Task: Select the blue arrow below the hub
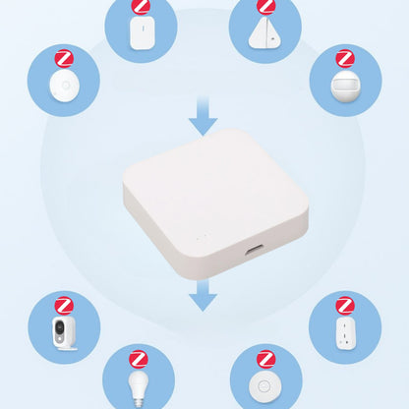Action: coord(203,294)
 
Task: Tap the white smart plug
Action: coord(345,336)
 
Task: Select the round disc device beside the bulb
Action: coord(265,386)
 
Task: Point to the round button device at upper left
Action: coord(63,88)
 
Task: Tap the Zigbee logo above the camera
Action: coord(63,305)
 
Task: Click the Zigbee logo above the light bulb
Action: coord(140,357)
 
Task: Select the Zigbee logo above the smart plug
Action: coord(345,305)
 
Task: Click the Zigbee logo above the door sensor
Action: coord(141,7)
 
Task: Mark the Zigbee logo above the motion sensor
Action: coord(345,58)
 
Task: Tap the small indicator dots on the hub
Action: coord(200,237)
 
